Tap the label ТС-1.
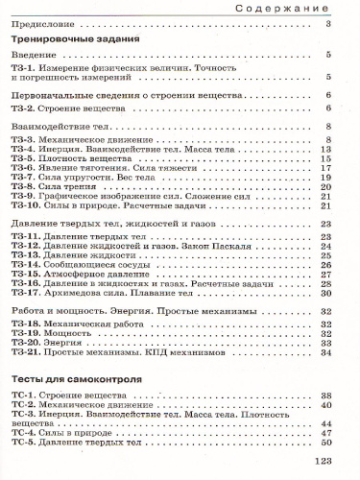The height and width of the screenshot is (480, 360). (x=25, y=396)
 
